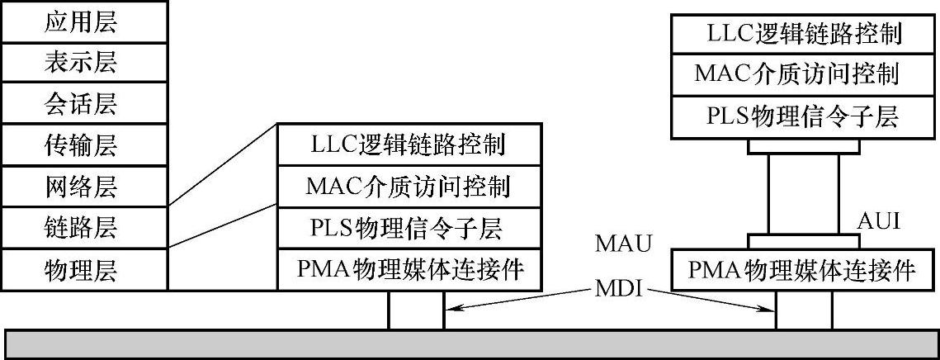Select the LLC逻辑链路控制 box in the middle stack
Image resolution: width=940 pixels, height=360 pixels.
409,145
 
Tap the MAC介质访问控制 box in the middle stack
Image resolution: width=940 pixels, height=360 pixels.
409,187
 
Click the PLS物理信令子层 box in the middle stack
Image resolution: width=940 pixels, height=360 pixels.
409,227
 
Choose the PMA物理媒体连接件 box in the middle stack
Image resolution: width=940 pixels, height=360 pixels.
409,268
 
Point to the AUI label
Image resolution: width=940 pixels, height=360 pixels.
877,221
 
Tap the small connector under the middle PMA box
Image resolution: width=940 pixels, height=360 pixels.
416,310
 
